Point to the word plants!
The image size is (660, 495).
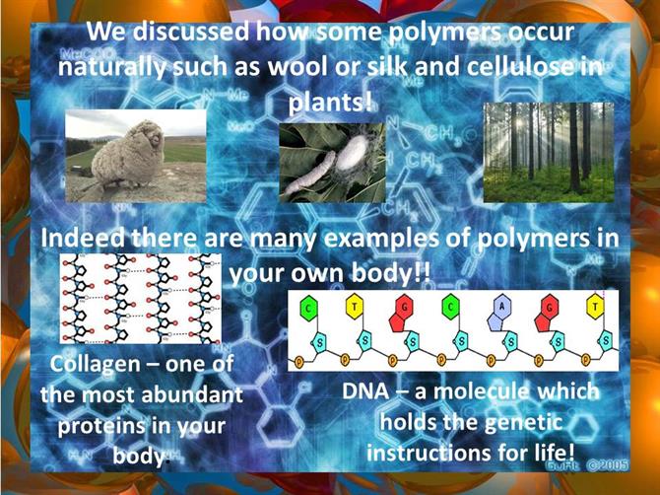pyautogui.click(x=330, y=103)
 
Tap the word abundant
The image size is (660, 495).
pyautogui.click(x=192, y=395)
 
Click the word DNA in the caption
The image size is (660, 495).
pyautogui.click(x=365, y=391)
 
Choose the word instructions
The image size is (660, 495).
pyautogui.click(x=429, y=454)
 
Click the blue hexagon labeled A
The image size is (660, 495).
pyautogui.click(x=501, y=307)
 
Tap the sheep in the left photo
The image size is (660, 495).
pyautogui.click(x=127, y=155)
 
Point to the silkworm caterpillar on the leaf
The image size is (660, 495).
pyautogui.click(x=309, y=174)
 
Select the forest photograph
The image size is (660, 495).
pyautogui.click(x=549, y=153)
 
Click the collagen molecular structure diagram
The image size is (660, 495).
pyautogui.click(x=140, y=298)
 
